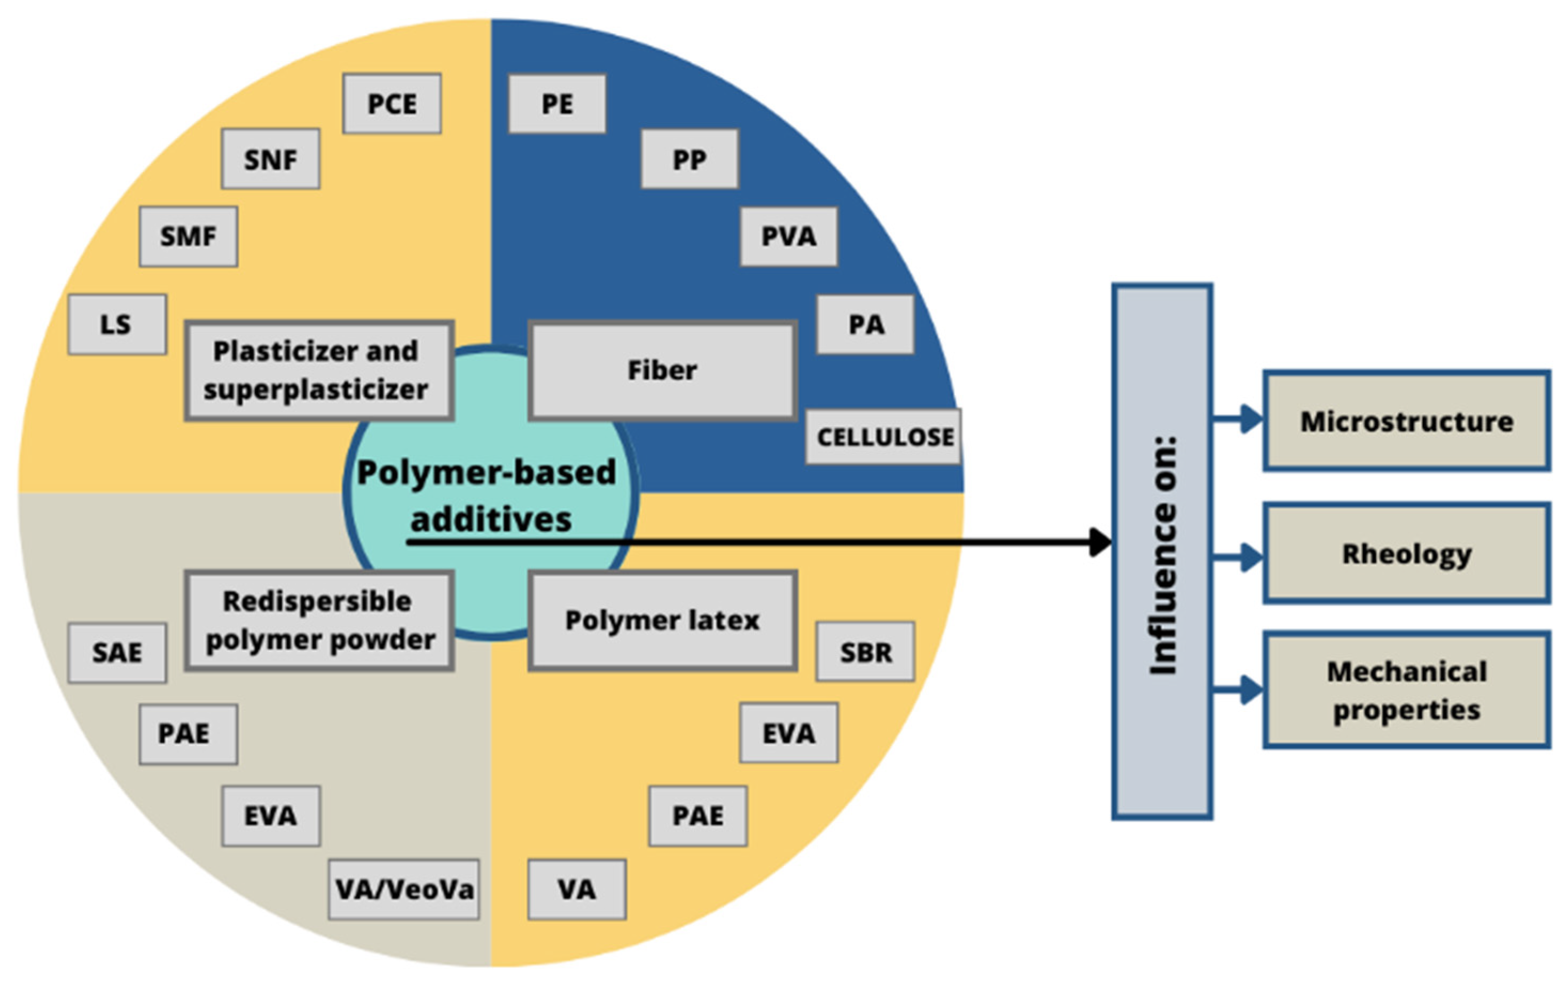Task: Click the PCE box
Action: point(391,104)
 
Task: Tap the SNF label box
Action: point(271,159)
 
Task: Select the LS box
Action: point(117,324)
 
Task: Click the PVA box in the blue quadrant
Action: point(788,236)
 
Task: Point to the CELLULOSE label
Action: point(883,437)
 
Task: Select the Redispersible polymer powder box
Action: point(319,620)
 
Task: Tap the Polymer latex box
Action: point(662,620)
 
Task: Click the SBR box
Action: point(865,652)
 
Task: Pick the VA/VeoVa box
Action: point(404,889)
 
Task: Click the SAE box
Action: point(117,653)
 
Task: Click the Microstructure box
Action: point(1406,421)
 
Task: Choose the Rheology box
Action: point(1406,554)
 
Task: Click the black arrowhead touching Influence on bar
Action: point(1100,542)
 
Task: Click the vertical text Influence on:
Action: point(1163,554)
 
